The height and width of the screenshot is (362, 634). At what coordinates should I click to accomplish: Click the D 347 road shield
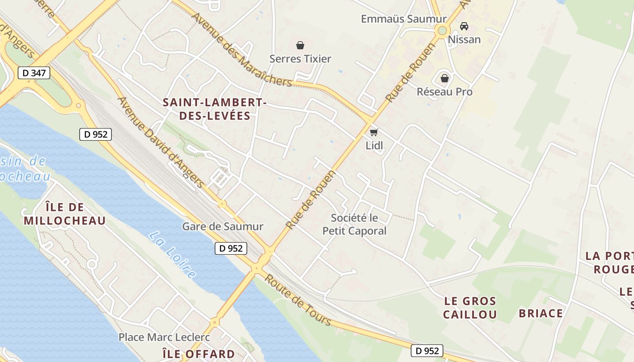[x=34, y=72]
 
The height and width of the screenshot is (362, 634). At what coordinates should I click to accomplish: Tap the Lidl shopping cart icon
[x=374, y=132]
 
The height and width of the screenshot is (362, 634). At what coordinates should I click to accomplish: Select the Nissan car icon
[x=464, y=26]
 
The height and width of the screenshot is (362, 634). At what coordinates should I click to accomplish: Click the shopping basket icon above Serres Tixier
[x=300, y=45]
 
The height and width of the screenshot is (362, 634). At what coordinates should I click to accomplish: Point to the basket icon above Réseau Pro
[x=445, y=78]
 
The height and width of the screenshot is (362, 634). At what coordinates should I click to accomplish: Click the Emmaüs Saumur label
[x=403, y=19]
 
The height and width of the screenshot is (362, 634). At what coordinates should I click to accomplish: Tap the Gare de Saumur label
[x=222, y=226]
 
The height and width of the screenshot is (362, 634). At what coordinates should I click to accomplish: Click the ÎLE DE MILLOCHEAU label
[x=64, y=214]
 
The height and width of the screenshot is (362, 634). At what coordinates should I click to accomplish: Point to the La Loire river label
[x=173, y=255]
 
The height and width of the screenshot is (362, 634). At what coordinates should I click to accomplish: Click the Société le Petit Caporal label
[x=355, y=224]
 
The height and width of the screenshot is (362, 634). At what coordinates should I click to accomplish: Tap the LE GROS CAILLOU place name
[x=470, y=308]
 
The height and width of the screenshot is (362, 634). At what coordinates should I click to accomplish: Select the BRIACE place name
[x=541, y=313]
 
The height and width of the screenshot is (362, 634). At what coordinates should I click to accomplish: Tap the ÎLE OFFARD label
[x=198, y=354]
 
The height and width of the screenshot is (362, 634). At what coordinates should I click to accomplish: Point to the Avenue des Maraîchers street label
[x=242, y=50]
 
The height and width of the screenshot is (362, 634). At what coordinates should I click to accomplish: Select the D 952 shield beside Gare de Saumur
[x=231, y=248]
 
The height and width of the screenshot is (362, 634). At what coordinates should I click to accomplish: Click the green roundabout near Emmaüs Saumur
[x=442, y=31]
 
